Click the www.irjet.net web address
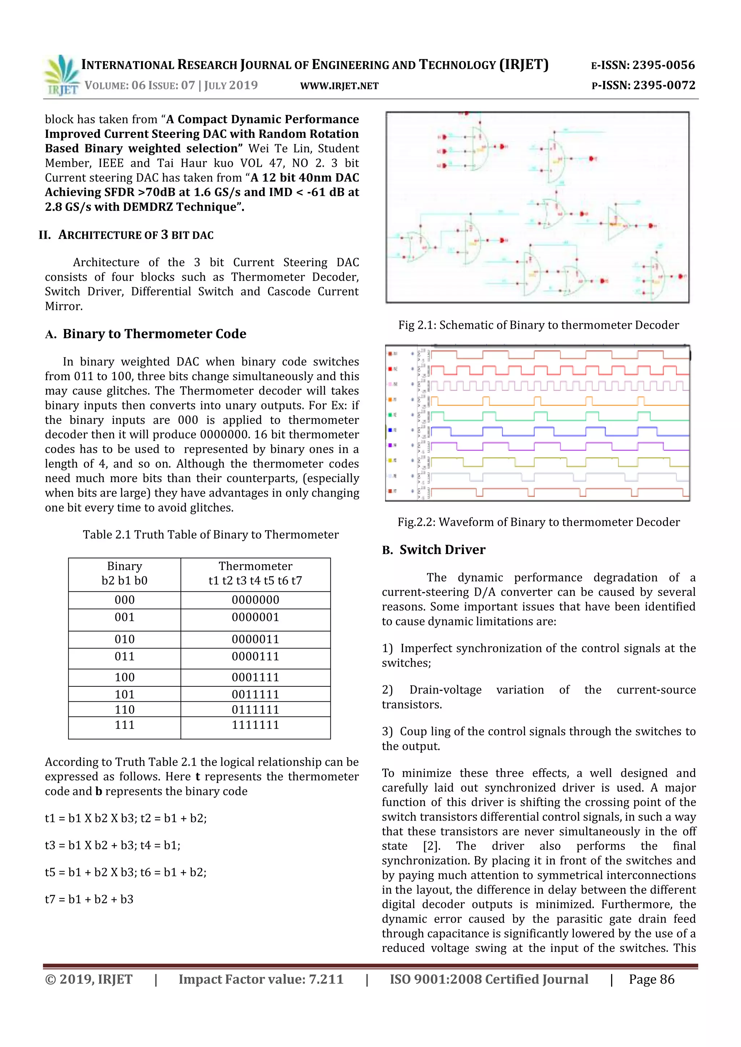(339, 86)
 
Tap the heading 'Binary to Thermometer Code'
(154, 334)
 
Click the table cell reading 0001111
(255, 677)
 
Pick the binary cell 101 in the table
(124, 694)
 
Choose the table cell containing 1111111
(255, 725)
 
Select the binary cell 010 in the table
(124, 639)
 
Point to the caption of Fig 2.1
(538, 325)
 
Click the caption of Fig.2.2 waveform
(538, 522)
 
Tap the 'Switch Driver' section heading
(442, 550)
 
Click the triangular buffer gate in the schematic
(617, 224)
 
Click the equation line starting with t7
(89, 899)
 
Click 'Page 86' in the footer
(651, 979)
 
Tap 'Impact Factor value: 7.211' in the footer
(261, 979)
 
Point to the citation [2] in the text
(431, 846)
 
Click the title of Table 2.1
(210, 535)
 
